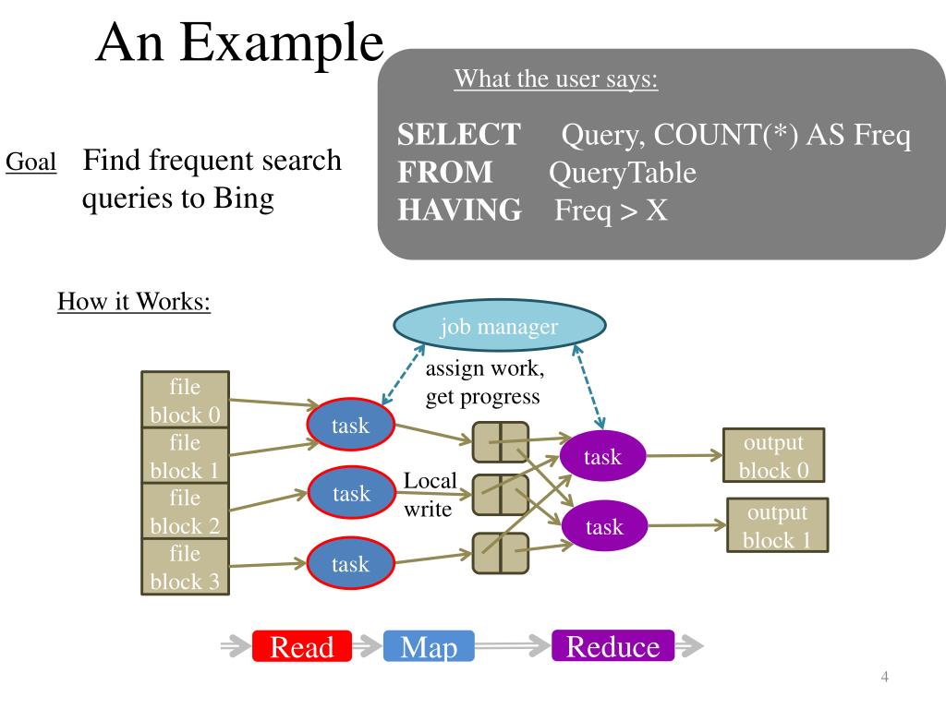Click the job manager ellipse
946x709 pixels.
coord(499,326)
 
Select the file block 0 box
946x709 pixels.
coord(185,399)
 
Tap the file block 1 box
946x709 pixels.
coord(185,455)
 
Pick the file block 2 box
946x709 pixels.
coord(185,511)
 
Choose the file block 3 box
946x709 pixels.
coord(185,567)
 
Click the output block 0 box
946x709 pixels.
coord(774,455)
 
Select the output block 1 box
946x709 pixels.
coord(778,525)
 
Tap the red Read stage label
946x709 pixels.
coord(302,646)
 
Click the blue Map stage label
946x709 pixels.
coord(429,646)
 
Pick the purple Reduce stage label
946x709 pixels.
coord(613,645)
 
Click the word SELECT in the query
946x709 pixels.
coord(459,134)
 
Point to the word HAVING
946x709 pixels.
coord(460,210)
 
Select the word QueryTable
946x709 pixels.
coord(623,173)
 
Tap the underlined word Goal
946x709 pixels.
coord(30,162)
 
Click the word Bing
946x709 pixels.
coord(244,198)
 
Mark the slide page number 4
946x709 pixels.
coord(884,677)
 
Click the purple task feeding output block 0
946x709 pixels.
coord(602,456)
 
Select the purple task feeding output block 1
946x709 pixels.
coord(604,525)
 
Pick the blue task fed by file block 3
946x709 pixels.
coord(350,564)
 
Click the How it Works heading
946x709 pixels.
coord(134,302)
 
